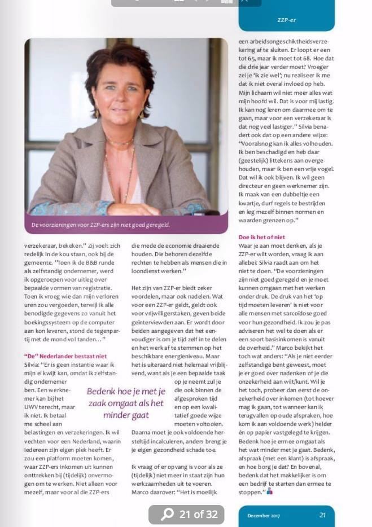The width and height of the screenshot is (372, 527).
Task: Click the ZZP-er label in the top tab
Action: (286, 20)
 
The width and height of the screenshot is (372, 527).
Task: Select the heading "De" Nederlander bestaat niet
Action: (65, 356)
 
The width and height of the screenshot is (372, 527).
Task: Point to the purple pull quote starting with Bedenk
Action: (126, 403)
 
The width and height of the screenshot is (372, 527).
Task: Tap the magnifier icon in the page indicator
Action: (167, 514)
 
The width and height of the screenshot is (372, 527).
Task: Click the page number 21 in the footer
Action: (322, 515)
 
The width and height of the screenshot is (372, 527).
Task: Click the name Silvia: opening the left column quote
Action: (33, 364)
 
